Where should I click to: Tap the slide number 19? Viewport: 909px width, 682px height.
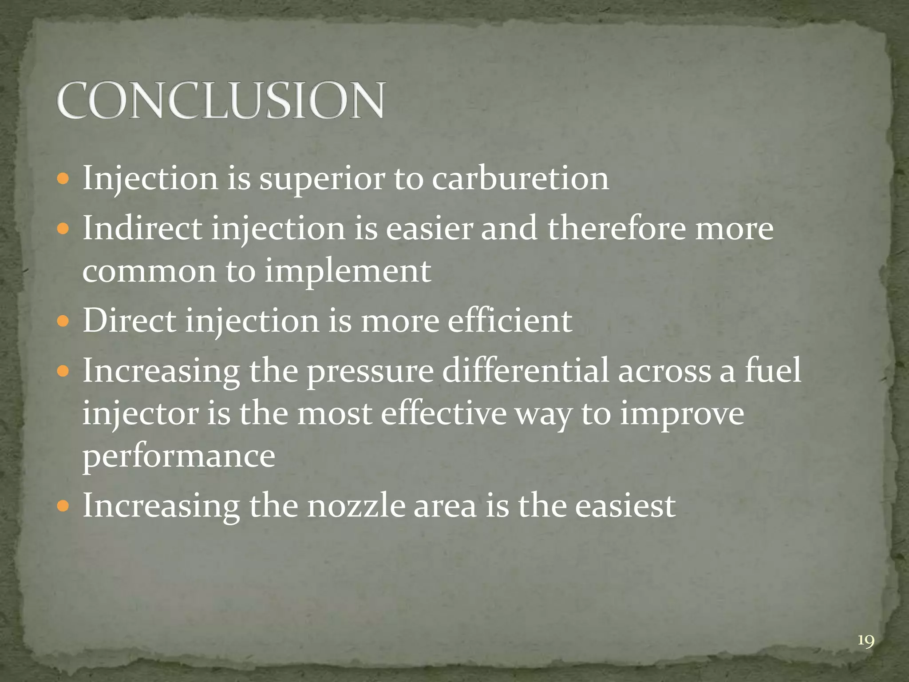point(866,641)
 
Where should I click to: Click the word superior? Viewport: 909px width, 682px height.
point(321,178)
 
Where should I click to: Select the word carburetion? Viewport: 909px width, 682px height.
point(520,178)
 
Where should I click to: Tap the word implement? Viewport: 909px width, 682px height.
point(348,271)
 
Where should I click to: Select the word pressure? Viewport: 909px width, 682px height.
point(370,371)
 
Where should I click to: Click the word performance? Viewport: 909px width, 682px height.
point(179,456)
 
